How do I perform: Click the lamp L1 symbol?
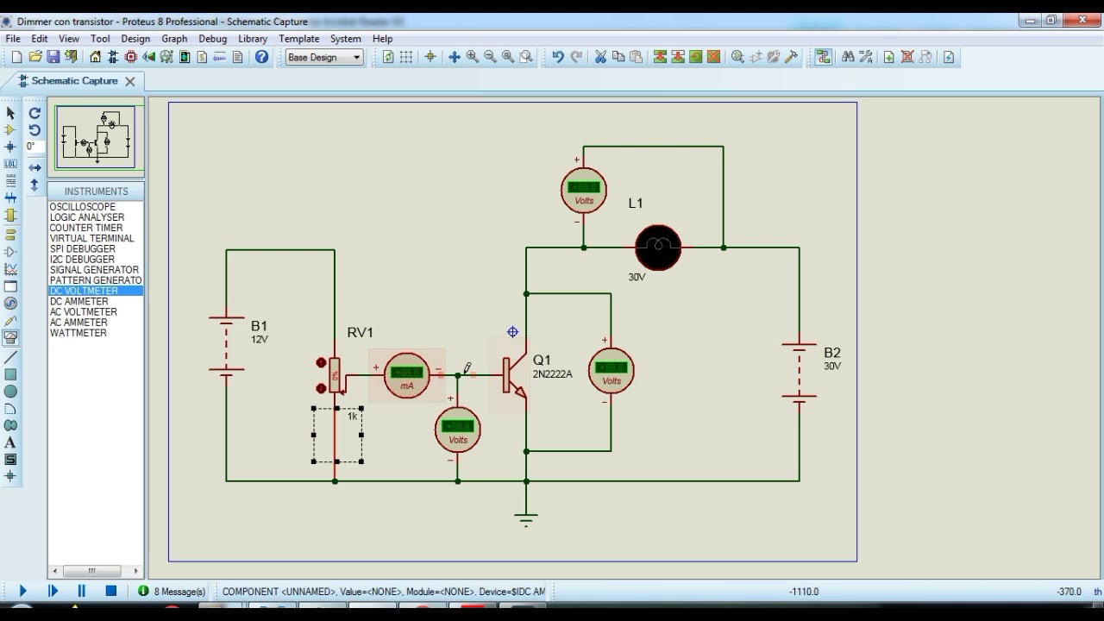658,248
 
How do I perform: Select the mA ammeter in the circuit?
406,375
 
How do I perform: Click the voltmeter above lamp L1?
584,191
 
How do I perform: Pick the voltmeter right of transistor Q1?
612,371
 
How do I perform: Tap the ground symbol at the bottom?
526,517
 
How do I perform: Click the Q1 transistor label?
542,360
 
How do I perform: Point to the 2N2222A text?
552,374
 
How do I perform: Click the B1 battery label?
259,326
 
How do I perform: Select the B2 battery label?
831,353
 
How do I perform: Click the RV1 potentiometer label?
361,332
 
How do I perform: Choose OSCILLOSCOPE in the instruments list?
83,207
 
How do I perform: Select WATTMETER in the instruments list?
78,333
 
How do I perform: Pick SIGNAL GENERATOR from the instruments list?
94,270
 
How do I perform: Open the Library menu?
253,39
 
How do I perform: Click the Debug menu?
212,39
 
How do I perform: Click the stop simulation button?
110,591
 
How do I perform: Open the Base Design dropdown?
324,58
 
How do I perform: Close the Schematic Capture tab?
130,81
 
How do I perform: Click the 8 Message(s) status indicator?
172,592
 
